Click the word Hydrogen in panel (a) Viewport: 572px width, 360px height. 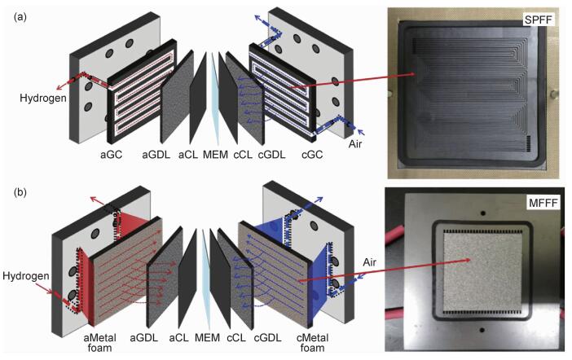point(33,96)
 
